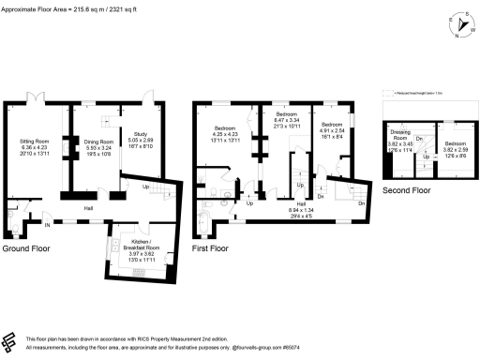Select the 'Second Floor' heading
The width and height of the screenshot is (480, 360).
click(406, 190)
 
